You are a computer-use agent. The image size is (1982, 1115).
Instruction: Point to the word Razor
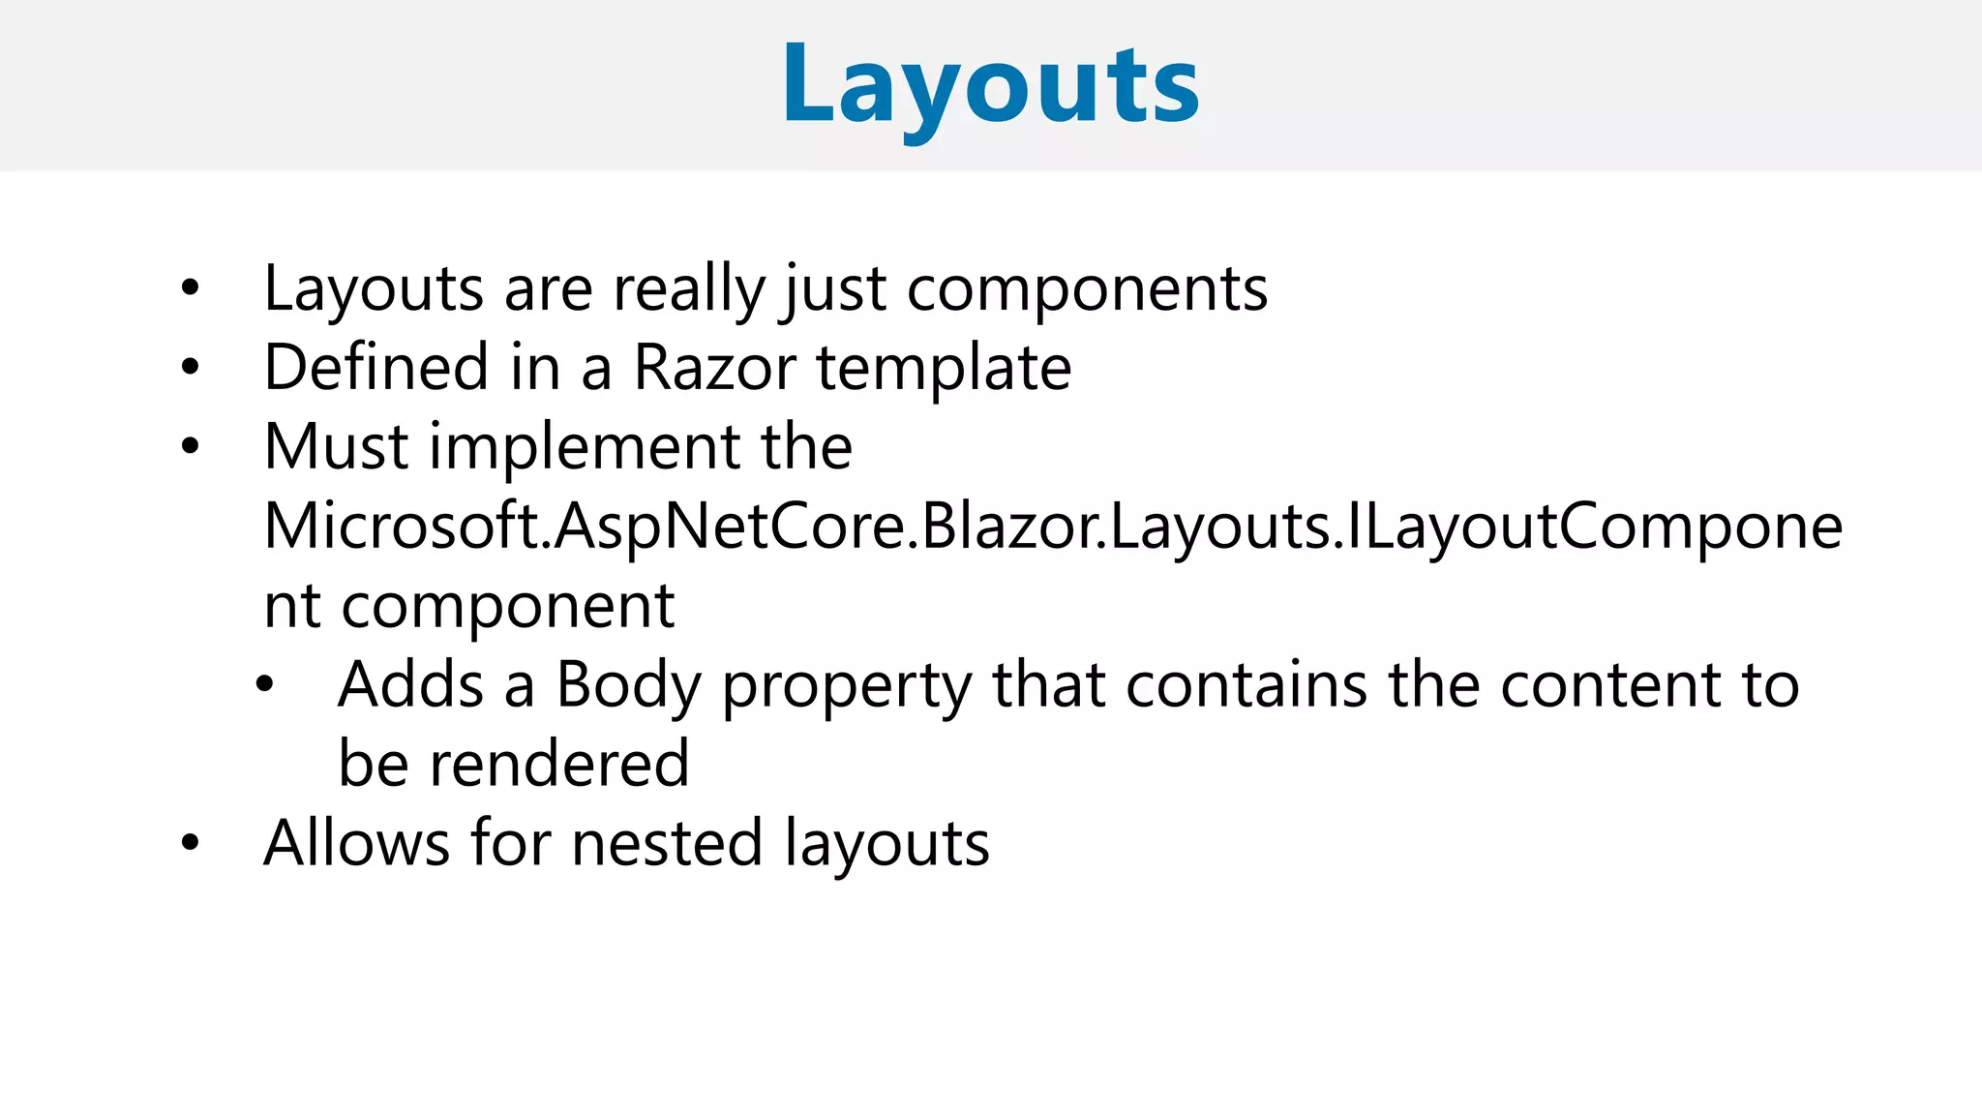click(x=714, y=368)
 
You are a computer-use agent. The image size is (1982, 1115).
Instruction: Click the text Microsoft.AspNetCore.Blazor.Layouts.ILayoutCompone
click(x=1053, y=527)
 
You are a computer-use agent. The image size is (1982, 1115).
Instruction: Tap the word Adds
click(x=410, y=685)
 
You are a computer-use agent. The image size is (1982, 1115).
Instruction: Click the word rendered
click(x=559, y=765)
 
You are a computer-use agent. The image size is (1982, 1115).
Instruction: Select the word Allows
click(x=356, y=843)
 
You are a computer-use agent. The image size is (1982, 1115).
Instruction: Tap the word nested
click(x=667, y=843)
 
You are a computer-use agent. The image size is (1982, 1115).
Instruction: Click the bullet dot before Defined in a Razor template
click(x=191, y=368)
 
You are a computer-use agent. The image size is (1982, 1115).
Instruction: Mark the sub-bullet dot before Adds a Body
click(x=265, y=685)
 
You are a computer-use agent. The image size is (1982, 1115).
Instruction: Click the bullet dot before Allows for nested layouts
click(x=191, y=843)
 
